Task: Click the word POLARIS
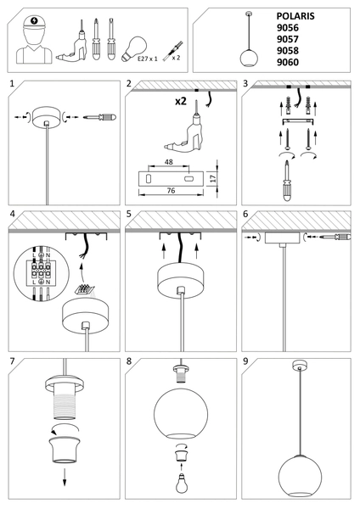coord(295,15)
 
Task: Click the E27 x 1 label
coord(148,60)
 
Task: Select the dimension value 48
coord(170,161)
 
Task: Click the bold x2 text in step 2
coord(180,101)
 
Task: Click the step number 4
coord(11,215)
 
